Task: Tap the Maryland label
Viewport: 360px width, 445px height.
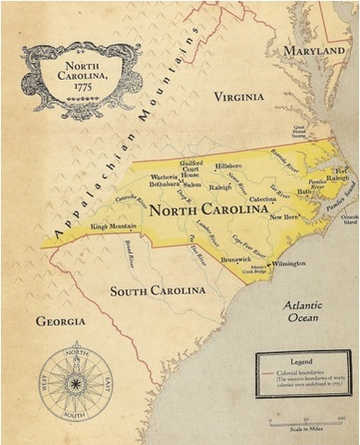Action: click(314, 50)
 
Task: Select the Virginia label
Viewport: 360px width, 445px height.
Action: click(238, 95)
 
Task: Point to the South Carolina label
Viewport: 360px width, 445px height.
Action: click(158, 291)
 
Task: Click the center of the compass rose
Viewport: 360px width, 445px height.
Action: click(77, 381)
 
